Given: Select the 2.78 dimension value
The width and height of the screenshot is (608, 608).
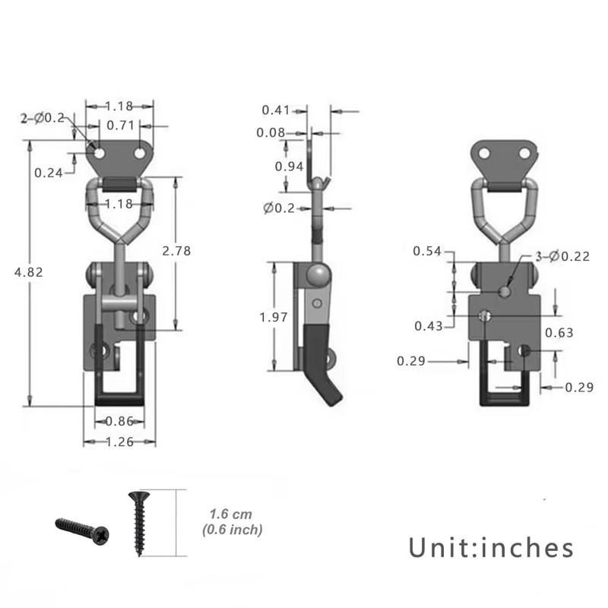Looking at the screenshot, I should tap(177, 250).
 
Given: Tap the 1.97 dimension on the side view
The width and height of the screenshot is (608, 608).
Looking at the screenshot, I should tap(274, 317).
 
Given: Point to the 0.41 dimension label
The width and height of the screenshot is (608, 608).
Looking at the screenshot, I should tap(275, 110).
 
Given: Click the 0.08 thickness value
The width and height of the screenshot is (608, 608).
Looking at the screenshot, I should tap(271, 133).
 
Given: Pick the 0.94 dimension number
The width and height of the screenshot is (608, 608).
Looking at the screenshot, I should tap(290, 166).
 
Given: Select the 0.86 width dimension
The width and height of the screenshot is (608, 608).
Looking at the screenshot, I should tap(120, 420).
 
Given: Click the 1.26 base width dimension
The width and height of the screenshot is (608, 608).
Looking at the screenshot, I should tap(120, 442).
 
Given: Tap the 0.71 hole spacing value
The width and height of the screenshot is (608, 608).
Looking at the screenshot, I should tap(121, 125).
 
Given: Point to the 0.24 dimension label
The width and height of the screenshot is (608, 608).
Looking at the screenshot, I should tap(49, 173).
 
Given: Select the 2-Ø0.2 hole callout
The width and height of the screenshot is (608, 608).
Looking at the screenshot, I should tap(43, 118).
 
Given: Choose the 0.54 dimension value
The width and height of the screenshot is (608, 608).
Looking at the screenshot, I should tap(427, 252).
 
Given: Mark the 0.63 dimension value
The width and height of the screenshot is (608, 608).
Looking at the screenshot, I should tap(559, 333).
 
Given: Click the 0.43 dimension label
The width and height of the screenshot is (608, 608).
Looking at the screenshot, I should tap(429, 325).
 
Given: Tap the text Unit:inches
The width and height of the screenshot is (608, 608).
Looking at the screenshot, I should tap(491, 547).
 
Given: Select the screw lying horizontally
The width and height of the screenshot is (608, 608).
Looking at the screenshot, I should tap(82, 527).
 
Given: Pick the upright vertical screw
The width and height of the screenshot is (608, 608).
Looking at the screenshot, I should tap(138, 523).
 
